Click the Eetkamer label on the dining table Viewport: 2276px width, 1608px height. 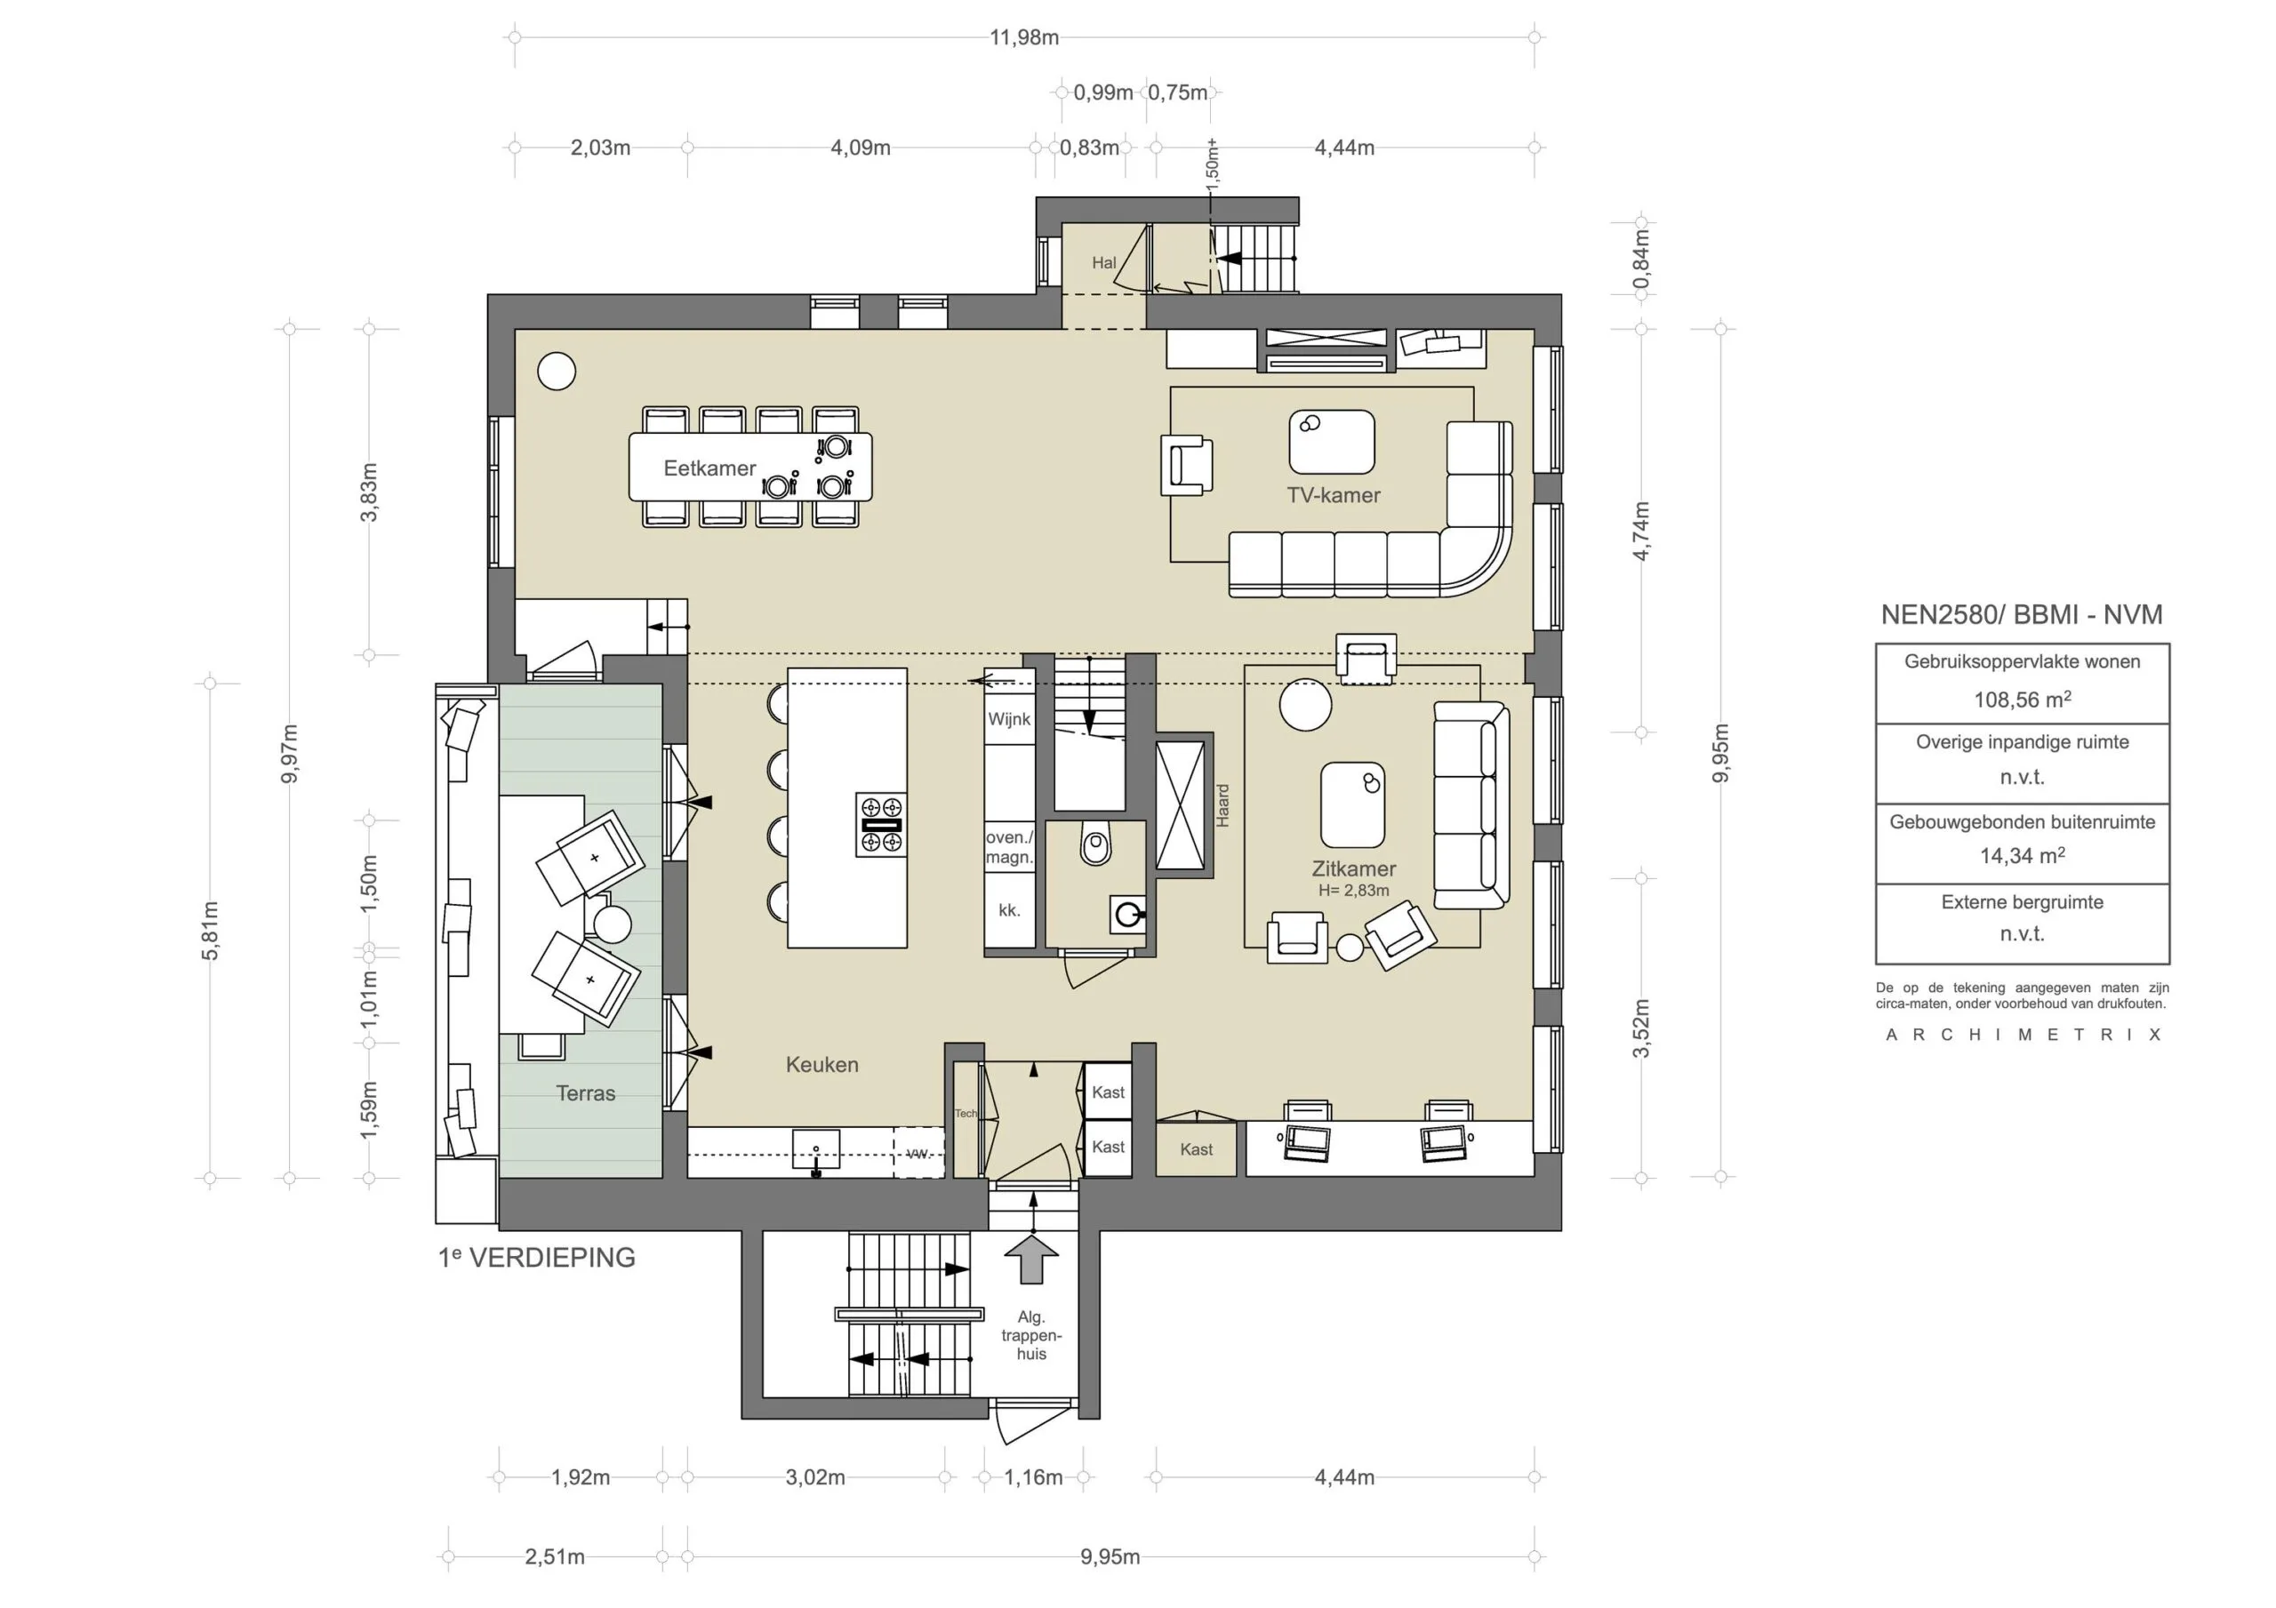[709, 468]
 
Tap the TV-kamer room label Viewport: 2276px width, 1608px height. [1334, 495]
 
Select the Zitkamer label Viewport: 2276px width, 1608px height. [1353, 868]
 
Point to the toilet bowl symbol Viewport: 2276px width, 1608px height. [1095, 844]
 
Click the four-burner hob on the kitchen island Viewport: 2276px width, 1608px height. [880, 825]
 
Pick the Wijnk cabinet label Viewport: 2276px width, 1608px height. [1009, 719]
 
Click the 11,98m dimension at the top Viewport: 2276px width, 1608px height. [1024, 37]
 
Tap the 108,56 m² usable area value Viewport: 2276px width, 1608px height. [2023, 699]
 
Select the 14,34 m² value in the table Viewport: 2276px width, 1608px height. [2023, 854]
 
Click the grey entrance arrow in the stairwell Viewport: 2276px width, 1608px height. [1032, 1259]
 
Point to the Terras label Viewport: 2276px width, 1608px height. [585, 1092]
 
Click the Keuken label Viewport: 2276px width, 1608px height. [821, 1064]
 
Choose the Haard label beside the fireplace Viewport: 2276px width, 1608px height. [1222, 805]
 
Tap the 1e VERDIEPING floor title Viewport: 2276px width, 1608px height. [536, 1257]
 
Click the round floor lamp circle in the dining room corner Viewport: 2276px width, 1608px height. [557, 372]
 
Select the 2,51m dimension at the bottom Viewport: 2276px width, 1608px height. [554, 1556]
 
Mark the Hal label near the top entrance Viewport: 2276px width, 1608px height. [1103, 263]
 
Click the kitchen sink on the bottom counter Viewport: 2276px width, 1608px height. [816, 1152]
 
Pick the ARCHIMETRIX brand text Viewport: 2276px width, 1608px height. [2023, 1034]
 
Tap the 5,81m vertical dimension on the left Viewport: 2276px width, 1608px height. [210, 930]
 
